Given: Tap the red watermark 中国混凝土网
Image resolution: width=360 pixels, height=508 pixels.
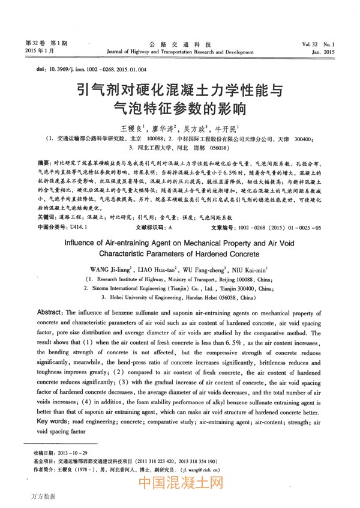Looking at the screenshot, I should click(x=181, y=483).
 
